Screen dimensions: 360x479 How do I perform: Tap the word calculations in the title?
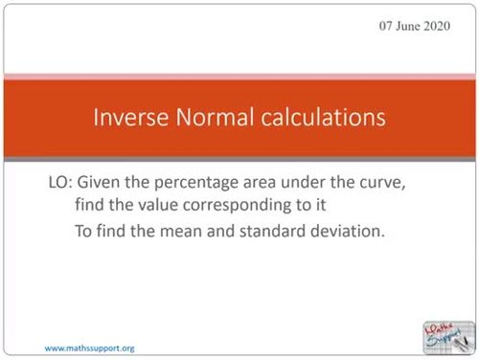pos(315,118)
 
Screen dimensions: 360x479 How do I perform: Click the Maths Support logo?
pos(446,334)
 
